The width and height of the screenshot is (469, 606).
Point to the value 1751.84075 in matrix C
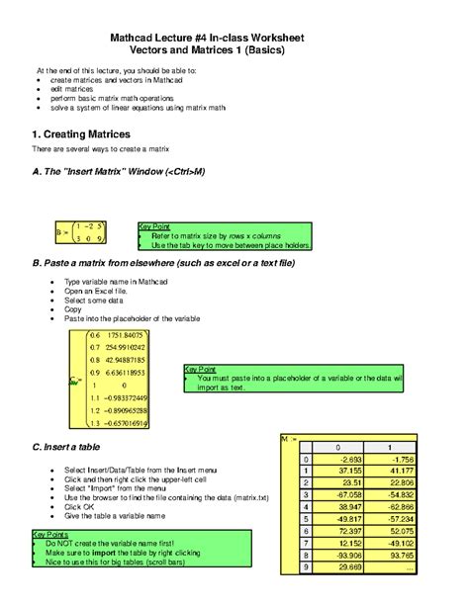pyautogui.click(x=126, y=335)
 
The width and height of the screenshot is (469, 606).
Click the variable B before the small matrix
pyautogui.click(x=62, y=232)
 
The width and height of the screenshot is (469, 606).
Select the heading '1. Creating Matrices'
pyautogui.click(x=81, y=133)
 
